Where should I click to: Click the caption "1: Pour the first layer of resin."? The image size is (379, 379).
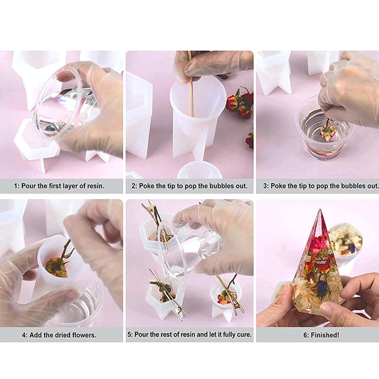59,186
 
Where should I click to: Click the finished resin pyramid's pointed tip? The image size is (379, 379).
319,210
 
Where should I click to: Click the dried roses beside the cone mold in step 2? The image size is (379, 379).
240,103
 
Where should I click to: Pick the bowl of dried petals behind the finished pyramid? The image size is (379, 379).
346,241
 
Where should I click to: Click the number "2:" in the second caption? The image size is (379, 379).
135,186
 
